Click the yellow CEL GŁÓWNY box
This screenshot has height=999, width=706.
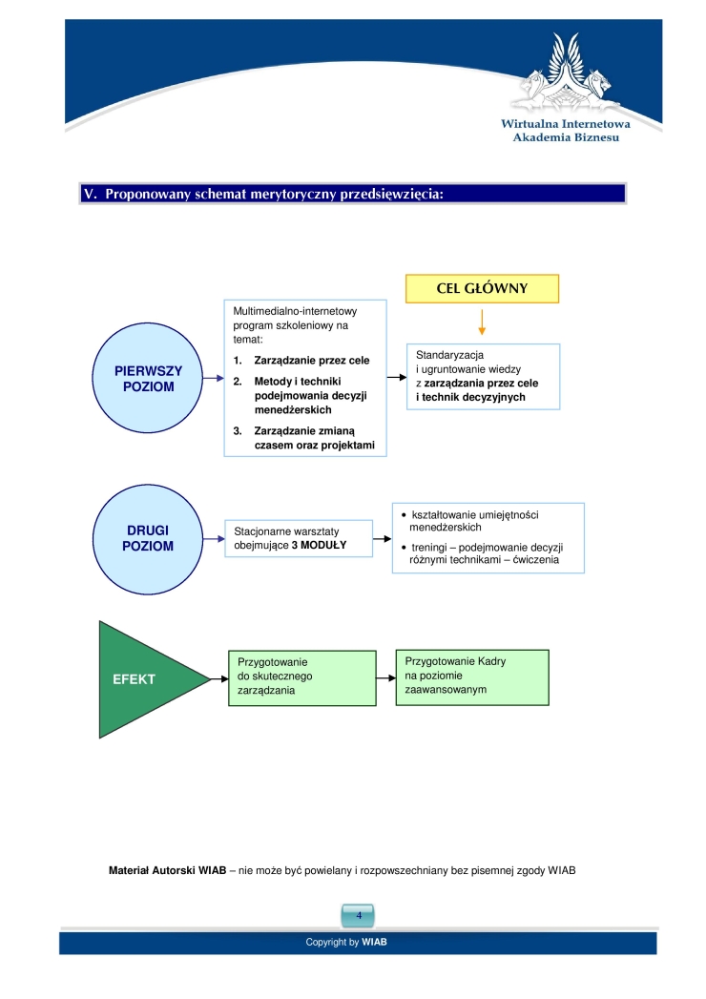point(483,288)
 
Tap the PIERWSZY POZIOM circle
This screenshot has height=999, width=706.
point(148,378)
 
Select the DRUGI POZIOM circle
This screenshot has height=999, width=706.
point(148,539)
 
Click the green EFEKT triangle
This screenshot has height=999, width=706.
point(147,679)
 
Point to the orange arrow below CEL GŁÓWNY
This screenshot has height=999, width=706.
point(482,323)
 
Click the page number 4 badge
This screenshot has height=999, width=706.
point(358,916)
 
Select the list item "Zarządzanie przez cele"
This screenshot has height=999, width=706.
point(301,361)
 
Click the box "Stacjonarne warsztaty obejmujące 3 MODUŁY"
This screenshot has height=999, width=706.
point(299,538)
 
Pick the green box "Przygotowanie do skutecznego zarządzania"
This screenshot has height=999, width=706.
point(302,677)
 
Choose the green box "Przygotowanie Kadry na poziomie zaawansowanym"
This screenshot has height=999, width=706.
point(472,677)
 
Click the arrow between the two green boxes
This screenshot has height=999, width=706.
point(386,677)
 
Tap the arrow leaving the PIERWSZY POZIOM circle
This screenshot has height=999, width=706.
point(214,378)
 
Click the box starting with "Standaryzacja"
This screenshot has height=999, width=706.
point(483,377)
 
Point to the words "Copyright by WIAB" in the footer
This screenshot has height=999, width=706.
point(346,943)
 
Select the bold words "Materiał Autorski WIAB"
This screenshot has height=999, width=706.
point(168,870)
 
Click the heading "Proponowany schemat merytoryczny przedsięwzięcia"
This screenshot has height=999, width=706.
point(274,194)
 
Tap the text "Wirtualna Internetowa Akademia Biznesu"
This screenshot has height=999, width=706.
point(566,131)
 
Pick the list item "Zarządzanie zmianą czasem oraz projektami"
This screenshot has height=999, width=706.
point(304,438)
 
